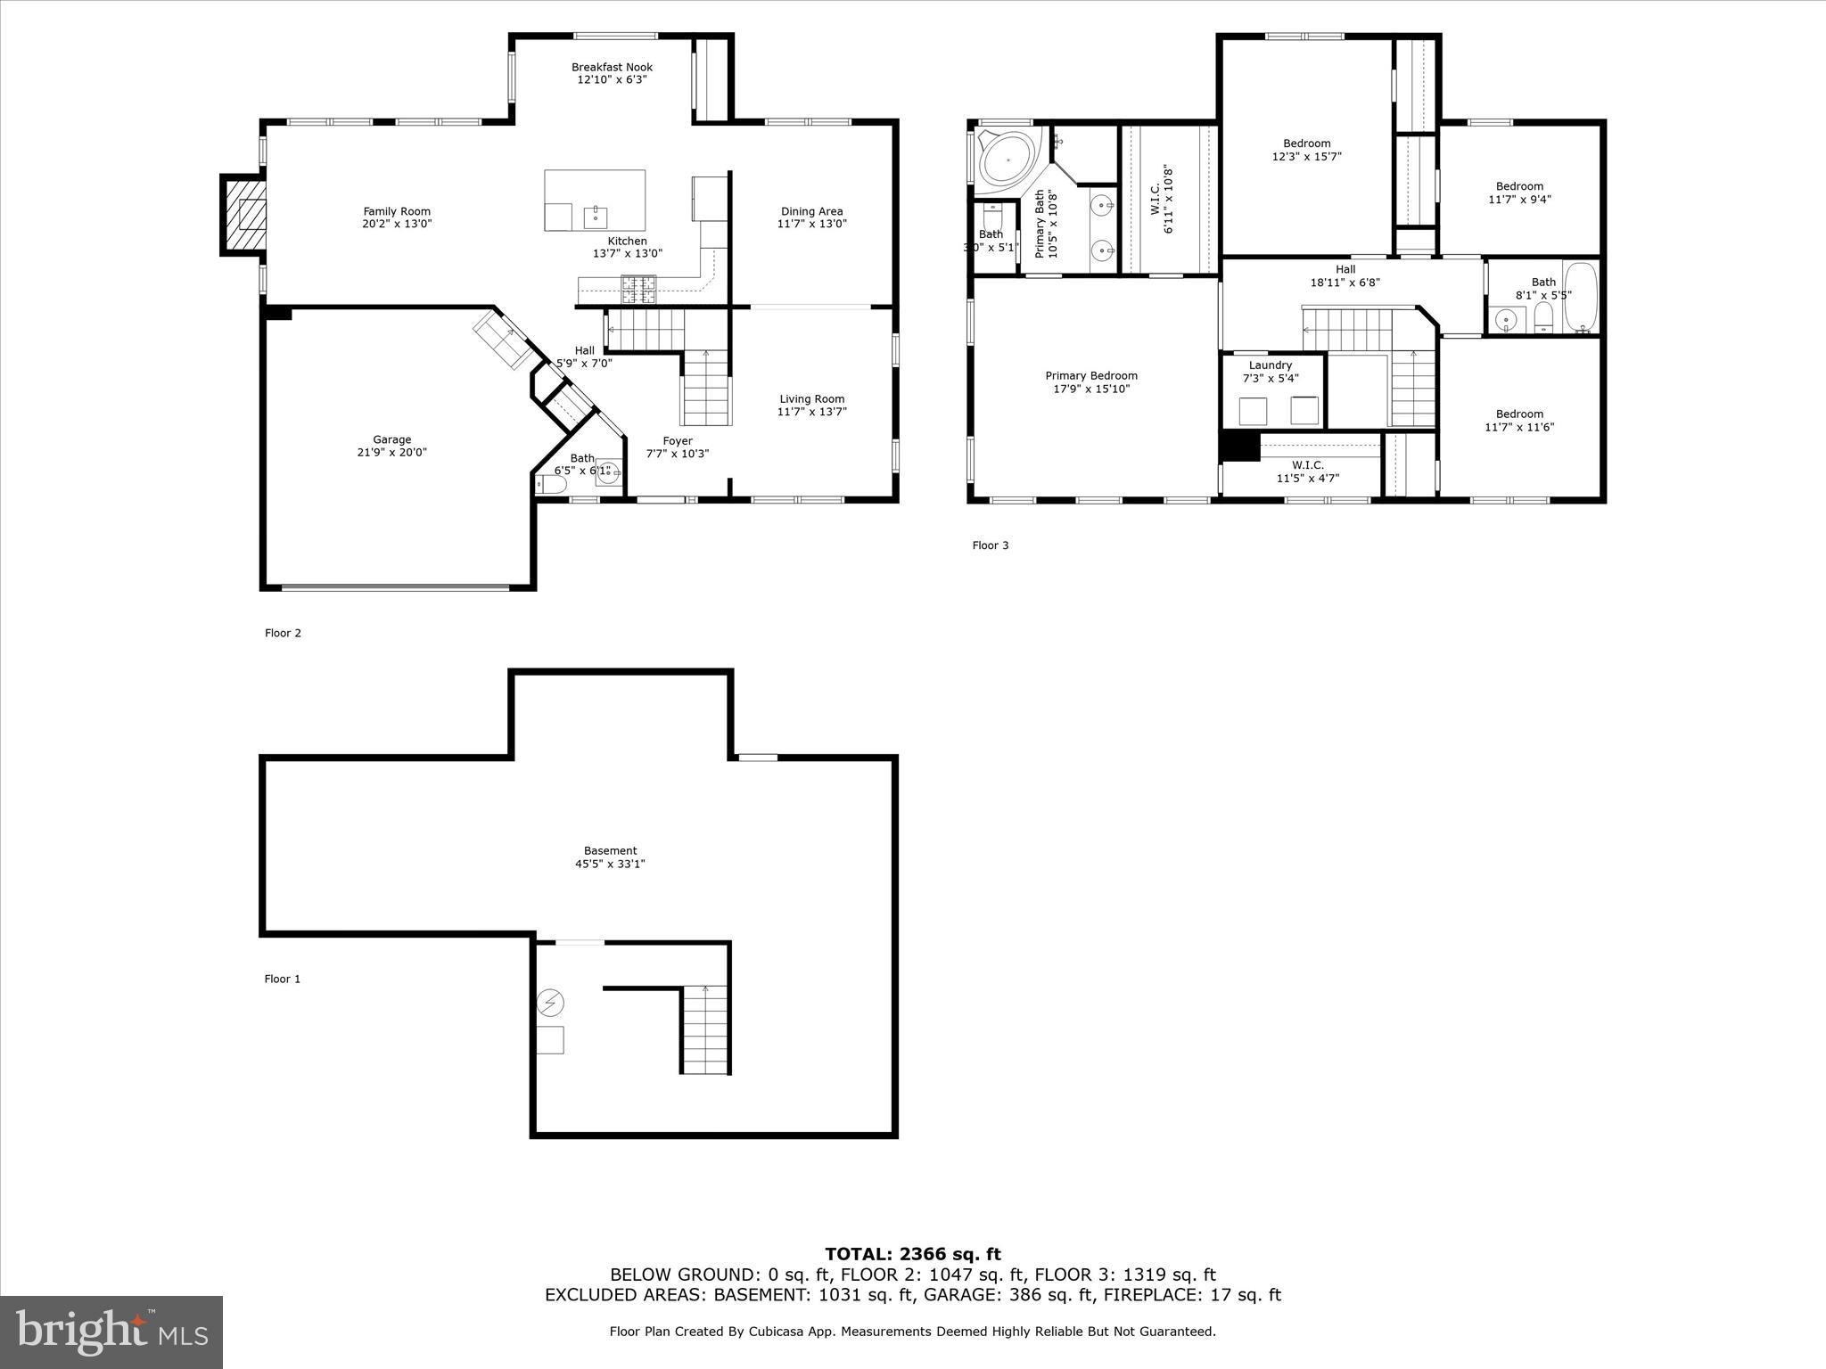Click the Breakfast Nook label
[x=612, y=67]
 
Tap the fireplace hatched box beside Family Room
[x=244, y=216]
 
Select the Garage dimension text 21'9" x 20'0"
[x=391, y=453]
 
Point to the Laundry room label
[x=1270, y=365]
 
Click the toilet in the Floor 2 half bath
[x=551, y=484]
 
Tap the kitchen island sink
[x=595, y=216]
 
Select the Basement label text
[x=610, y=851]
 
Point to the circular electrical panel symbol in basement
[x=550, y=1004]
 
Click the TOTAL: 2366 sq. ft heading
[x=912, y=1255]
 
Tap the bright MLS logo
[x=111, y=1332]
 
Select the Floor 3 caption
[x=990, y=545]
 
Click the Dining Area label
[x=811, y=211]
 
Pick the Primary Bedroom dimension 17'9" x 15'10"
[x=1090, y=389]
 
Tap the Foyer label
[x=677, y=441]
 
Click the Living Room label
[x=811, y=399]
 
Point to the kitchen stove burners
[x=637, y=286]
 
